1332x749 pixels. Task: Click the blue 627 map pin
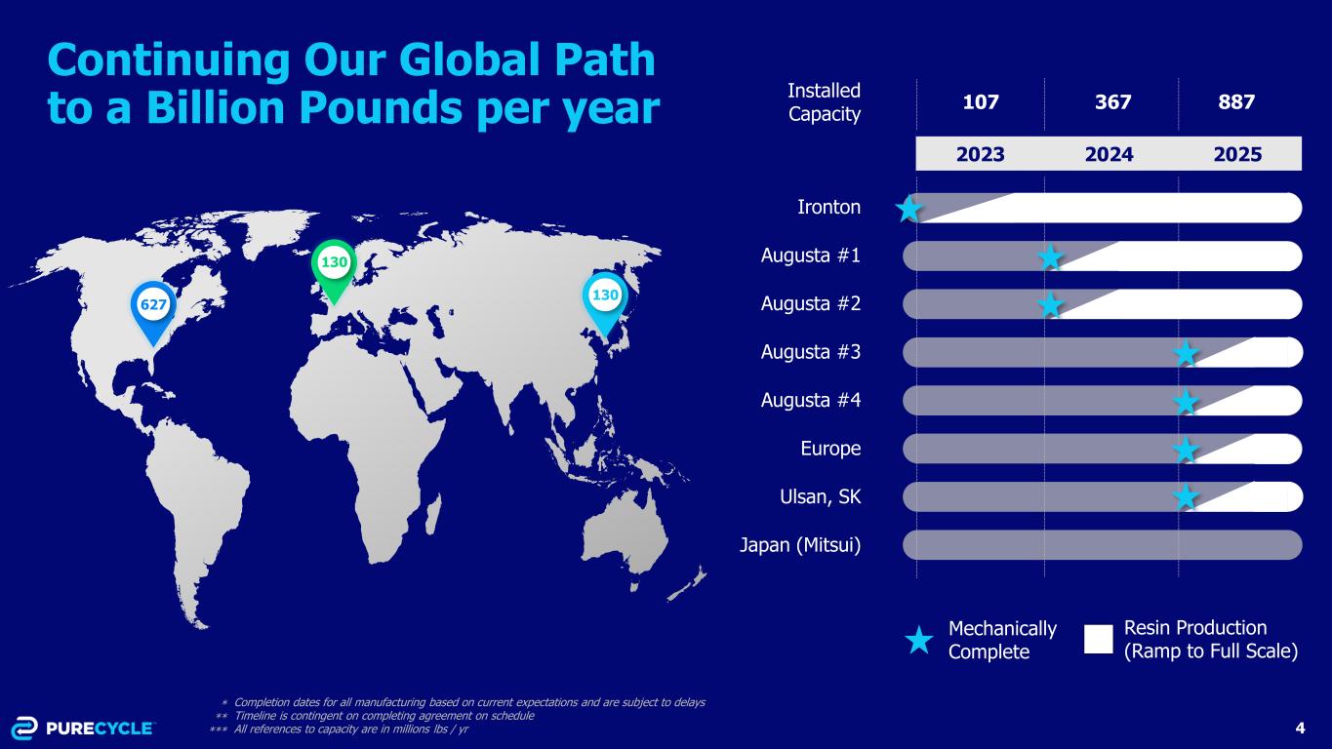(x=153, y=311)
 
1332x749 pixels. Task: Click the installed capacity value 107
(x=981, y=102)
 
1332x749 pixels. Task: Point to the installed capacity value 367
(x=1112, y=102)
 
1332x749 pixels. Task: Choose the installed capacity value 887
(x=1236, y=102)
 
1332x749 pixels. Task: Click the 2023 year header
(x=980, y=154)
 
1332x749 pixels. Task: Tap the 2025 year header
(x=1237, y=154)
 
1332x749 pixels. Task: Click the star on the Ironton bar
(x=908, y=209)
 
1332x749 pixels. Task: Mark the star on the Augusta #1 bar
(x=1050, y=257)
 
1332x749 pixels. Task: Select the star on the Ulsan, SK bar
(x=1186, y=497)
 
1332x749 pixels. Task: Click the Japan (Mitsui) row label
(x=800, y=545)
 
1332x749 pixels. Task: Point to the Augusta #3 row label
(x=811, y=352)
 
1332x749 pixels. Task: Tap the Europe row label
(x=830, y=449)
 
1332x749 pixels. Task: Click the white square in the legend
(x=1099, y=639)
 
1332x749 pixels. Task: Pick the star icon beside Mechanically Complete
(x=918, y=640)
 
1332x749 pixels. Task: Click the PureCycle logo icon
(x=24, y=729)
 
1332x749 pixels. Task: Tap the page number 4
(x=1300, y=729)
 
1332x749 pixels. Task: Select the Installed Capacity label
(x=824, y=102)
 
